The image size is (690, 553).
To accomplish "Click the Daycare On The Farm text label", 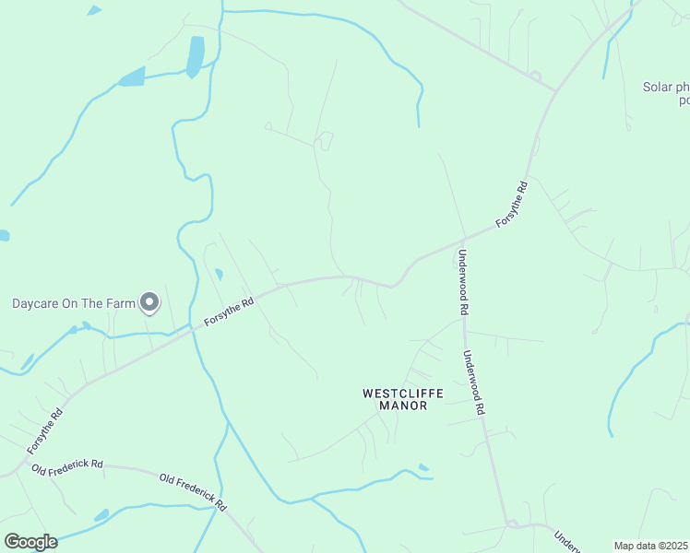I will (x=73, y=302).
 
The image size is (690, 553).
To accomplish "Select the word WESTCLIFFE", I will (x=402, y=394).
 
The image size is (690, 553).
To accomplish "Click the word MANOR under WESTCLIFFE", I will (x=402, y=406).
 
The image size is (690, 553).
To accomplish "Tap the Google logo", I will (x=30, y=542).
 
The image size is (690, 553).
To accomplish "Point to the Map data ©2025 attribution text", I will (x=650, y=546).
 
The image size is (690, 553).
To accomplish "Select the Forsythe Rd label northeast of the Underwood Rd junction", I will (x=511, y=205).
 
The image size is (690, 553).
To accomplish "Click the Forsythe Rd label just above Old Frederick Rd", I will (x=44, y=430).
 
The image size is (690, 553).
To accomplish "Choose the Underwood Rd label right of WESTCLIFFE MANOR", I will (x=474, y=382).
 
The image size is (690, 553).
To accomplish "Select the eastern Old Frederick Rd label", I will (x=193, y=492).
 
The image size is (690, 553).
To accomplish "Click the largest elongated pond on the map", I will (x=196, y=57).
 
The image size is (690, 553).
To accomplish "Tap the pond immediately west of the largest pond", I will (x=132, y=77).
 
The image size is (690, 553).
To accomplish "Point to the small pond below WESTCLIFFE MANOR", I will (x=423, y=468).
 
